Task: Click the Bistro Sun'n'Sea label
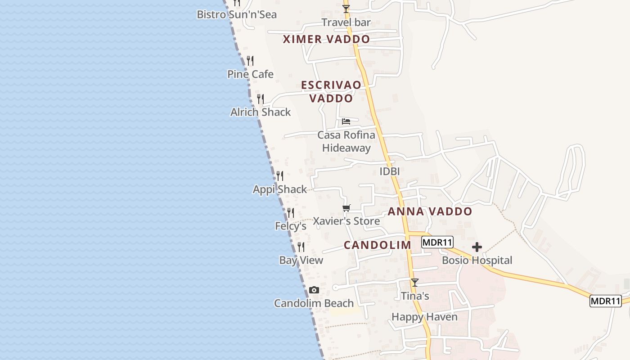click(237, 14)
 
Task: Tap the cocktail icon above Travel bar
click(346, 9)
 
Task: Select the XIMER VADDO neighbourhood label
click(326, 39)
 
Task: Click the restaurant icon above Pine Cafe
click(250, 61)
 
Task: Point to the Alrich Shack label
click(261, 112)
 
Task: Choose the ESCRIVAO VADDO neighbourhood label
click(331, 91)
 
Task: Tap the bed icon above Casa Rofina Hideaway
click(346, 121)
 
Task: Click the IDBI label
click(390, 171)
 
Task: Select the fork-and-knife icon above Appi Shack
click(280, 176)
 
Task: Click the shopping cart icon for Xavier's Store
click(346, 208)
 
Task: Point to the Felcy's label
click(291, 226)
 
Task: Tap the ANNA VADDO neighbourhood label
click(430, 211)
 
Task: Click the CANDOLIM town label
click(378, 245)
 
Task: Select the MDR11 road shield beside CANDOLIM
click(437, 243)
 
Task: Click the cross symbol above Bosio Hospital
click(477, 247)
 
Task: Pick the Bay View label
click(301, 260)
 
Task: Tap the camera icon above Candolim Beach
click(314, 290)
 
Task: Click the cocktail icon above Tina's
click(415, 283)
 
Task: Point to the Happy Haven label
click(424, 317)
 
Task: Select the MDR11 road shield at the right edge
click(605, 301)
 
